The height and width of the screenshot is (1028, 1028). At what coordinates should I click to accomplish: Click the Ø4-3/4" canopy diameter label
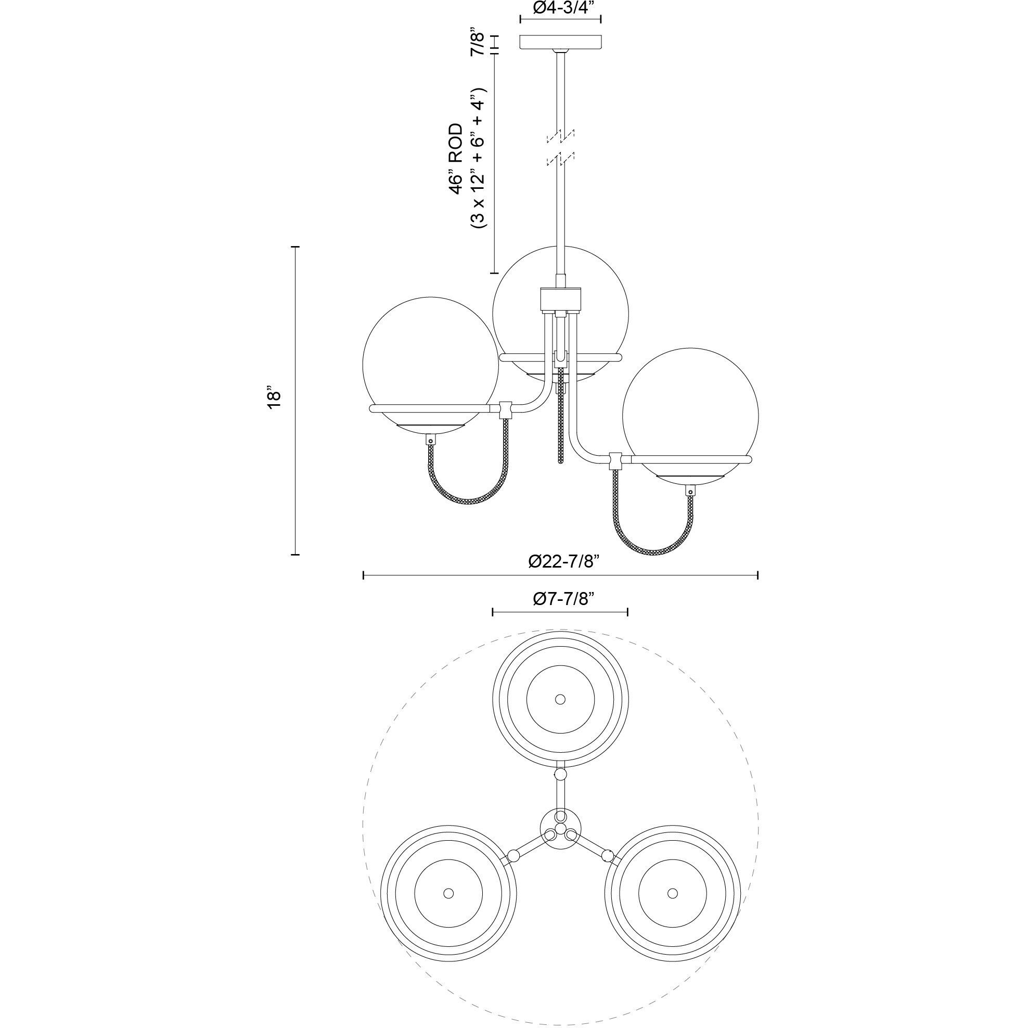pos(560,7)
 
